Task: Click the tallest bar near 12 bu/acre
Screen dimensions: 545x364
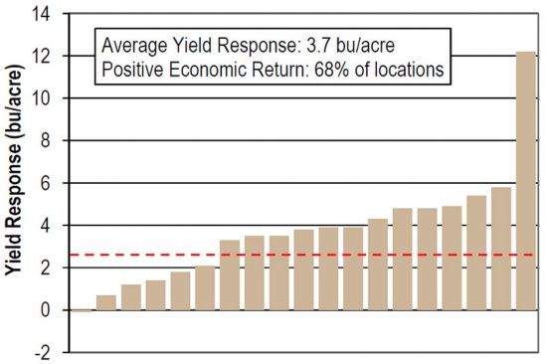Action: pos(526,181)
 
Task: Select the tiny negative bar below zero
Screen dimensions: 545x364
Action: pos(82,311)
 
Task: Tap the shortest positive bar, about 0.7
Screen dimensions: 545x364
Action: pos(106,302)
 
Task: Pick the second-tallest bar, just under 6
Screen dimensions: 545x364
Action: pos(501,249)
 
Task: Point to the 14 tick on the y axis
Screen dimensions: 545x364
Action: pos(41,14)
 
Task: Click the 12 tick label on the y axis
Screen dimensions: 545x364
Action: pos(41,57)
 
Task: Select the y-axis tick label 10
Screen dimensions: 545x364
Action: pos(41,98)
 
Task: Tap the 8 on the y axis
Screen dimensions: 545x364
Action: pos(46,141)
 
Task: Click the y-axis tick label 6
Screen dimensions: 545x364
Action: pos(46,183)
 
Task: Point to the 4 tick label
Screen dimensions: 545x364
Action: pos(46,226)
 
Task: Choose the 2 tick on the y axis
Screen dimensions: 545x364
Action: pos(46,269)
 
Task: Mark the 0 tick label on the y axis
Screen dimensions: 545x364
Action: pos(46,310)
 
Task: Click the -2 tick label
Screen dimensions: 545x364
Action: pos(43,353)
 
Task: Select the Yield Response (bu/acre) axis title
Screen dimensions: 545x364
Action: pos(14,170)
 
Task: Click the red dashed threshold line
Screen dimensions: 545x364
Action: pos(301,255)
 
